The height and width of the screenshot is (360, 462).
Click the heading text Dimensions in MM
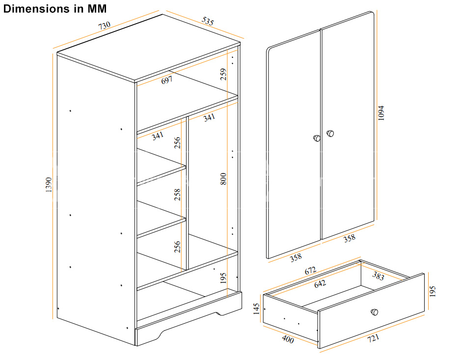(55, 8)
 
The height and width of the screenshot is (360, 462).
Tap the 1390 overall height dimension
(49, 185)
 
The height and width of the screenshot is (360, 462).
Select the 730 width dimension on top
(104, 26)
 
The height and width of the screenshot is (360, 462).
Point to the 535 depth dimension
(208, 21)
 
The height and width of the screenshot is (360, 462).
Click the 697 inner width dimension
(167, 80)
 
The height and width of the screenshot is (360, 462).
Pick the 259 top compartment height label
(223, 74)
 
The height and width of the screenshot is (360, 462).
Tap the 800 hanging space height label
(223, 179)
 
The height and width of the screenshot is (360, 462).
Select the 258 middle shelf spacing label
(177, 195)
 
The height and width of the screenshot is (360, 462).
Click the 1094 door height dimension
(381, 113)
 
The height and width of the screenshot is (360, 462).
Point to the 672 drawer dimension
(310, 271)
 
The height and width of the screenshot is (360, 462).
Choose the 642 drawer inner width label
(320, 284)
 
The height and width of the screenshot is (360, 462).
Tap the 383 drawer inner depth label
(378, 277)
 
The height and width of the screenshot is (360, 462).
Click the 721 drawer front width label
(373, 338)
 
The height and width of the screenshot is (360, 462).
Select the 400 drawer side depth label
(288, 339)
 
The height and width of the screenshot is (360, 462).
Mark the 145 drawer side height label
(256, 309)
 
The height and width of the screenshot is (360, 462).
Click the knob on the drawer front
(374, 312)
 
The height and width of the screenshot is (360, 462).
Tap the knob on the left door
(317, 138)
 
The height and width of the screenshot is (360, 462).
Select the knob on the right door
(330, 134)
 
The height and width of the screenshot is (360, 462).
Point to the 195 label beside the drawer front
(432, 291)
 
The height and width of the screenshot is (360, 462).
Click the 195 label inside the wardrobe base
(223, 278)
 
